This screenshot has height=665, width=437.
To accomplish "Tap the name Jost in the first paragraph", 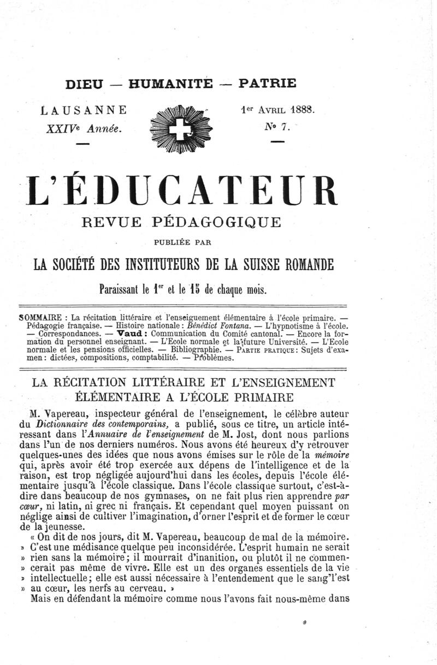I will pos(250,434).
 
